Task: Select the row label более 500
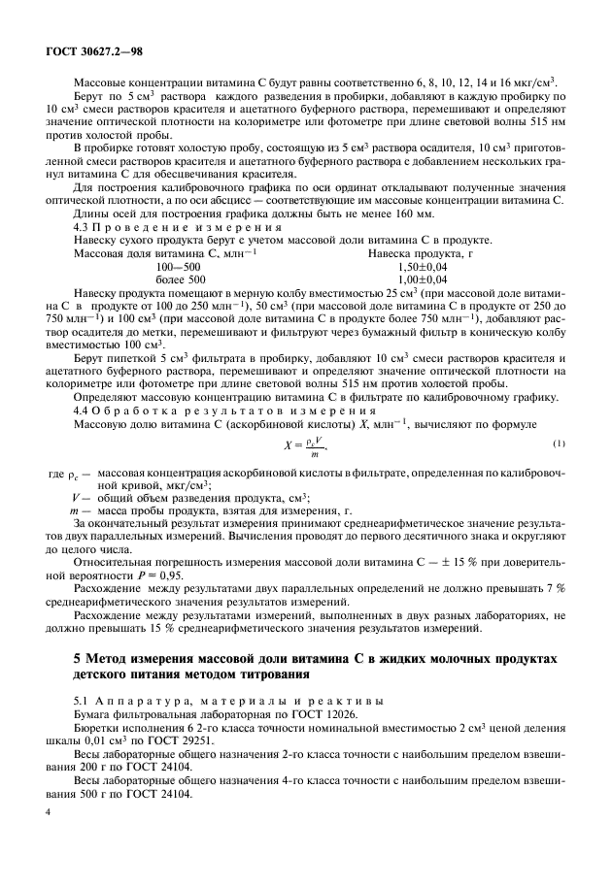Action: [x=179, y=278]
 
